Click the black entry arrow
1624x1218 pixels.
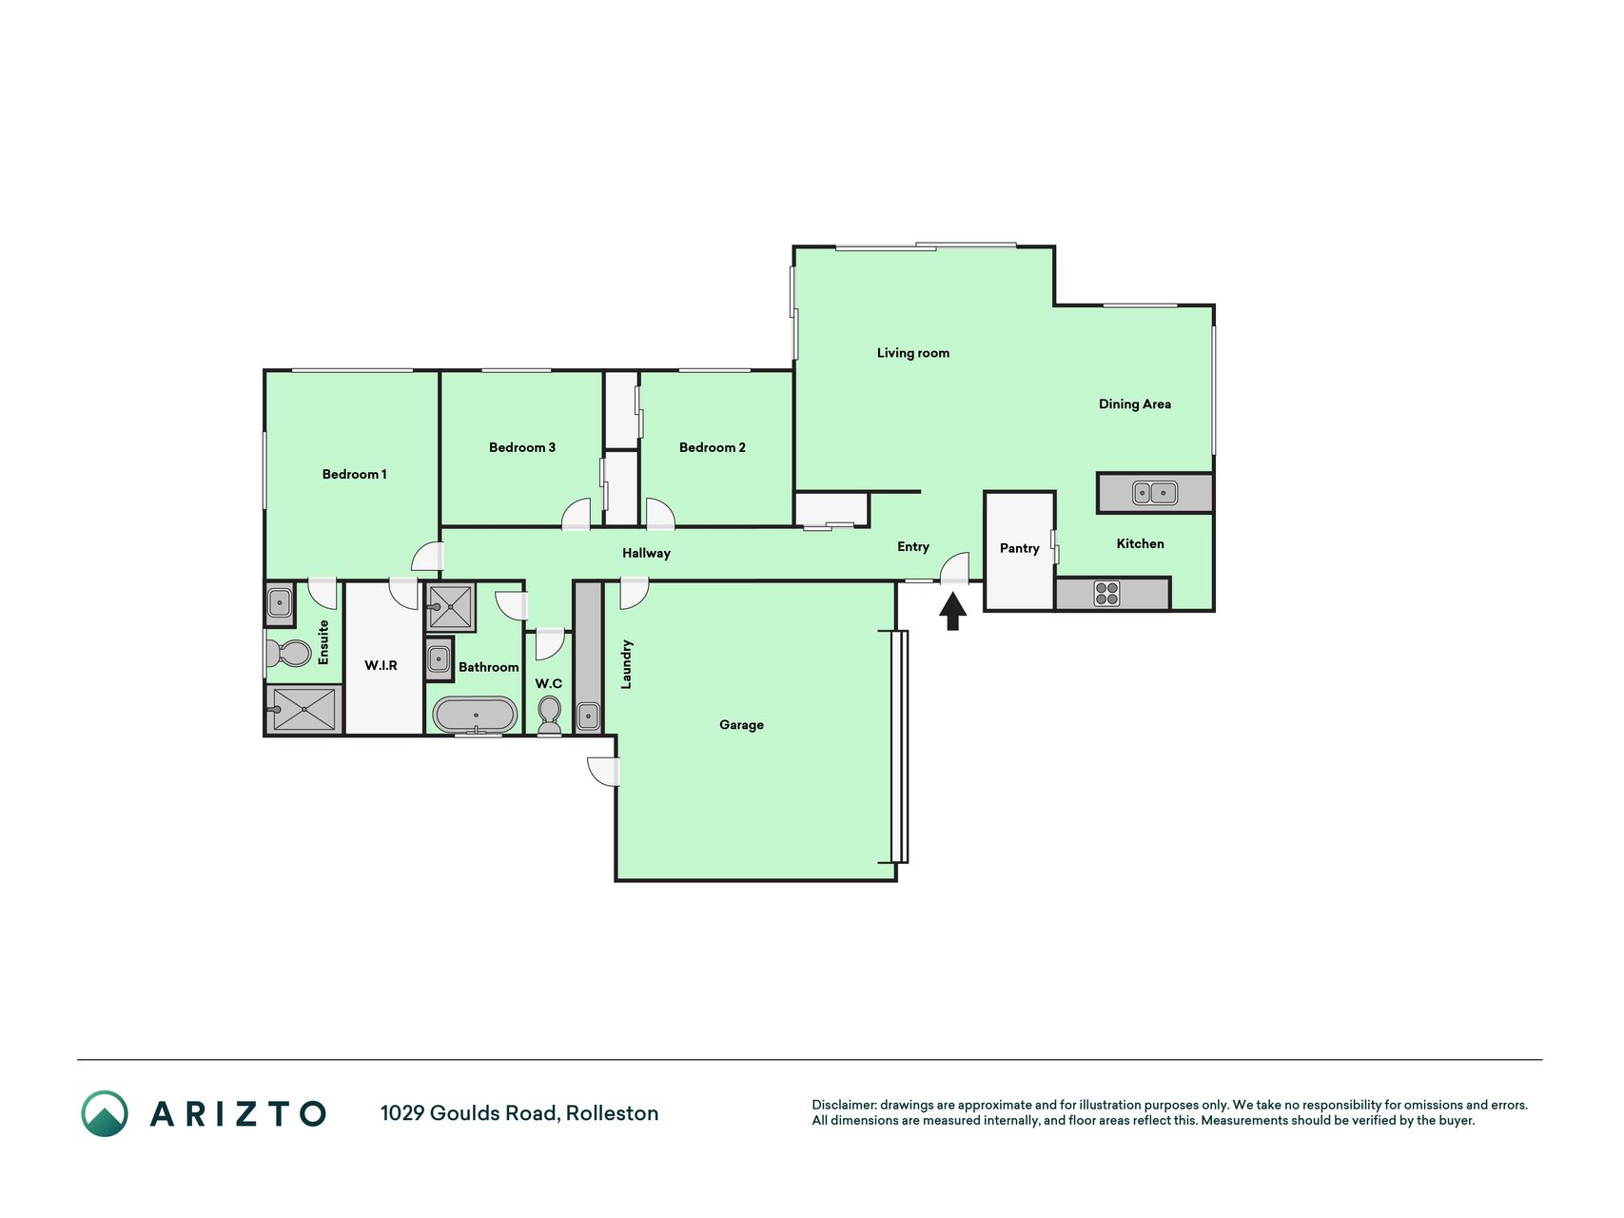tap(952, 612)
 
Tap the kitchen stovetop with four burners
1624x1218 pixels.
tap(1106, 594)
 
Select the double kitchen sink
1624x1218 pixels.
tap(1155, 493)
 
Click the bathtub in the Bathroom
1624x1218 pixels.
tap(475, 715)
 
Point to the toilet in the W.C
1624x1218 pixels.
tap(550, 716)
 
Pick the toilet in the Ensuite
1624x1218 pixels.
tap(288, 654)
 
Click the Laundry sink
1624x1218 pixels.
tap(588, 716)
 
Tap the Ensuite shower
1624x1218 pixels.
tap(303, 709)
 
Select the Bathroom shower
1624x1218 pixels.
tap(450, 607)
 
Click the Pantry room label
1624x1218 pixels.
tap(1019, 548)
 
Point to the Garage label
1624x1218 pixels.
tap(741, 725)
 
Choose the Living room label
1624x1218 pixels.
tap(912, 353)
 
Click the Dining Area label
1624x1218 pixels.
tap(1134, 404)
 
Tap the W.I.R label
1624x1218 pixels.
tap(381, 665)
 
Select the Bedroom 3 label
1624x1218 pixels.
tap(521, 447)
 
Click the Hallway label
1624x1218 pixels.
tap(646, 553)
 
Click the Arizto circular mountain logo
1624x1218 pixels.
tap(105, 1113)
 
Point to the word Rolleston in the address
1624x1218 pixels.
tap(612, 1113)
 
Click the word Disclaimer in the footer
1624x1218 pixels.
tap(844, 1105)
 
